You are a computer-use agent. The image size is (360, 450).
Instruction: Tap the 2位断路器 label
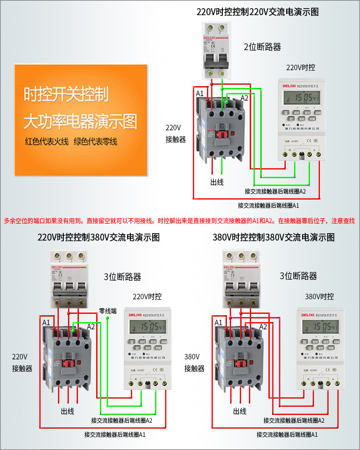pos(262,47)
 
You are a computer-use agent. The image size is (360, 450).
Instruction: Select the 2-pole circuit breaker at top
pos(216,51)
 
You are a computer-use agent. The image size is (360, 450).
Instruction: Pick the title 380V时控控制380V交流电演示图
pos(273,237)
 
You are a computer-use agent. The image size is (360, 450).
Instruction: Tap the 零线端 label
pos(108,311)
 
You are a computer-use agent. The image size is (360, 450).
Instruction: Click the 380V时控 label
pos(319,297)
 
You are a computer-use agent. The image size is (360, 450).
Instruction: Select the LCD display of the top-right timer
pos(301,97)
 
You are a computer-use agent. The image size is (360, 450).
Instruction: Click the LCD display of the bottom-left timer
pos(147,326)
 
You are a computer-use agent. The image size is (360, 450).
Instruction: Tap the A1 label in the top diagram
pos(200,93)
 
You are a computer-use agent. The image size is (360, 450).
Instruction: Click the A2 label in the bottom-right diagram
pos(263,326)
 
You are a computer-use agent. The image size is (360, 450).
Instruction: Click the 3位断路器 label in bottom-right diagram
pos(298,276)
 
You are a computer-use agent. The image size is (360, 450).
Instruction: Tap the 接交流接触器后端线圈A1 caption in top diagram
pos(268,205)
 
